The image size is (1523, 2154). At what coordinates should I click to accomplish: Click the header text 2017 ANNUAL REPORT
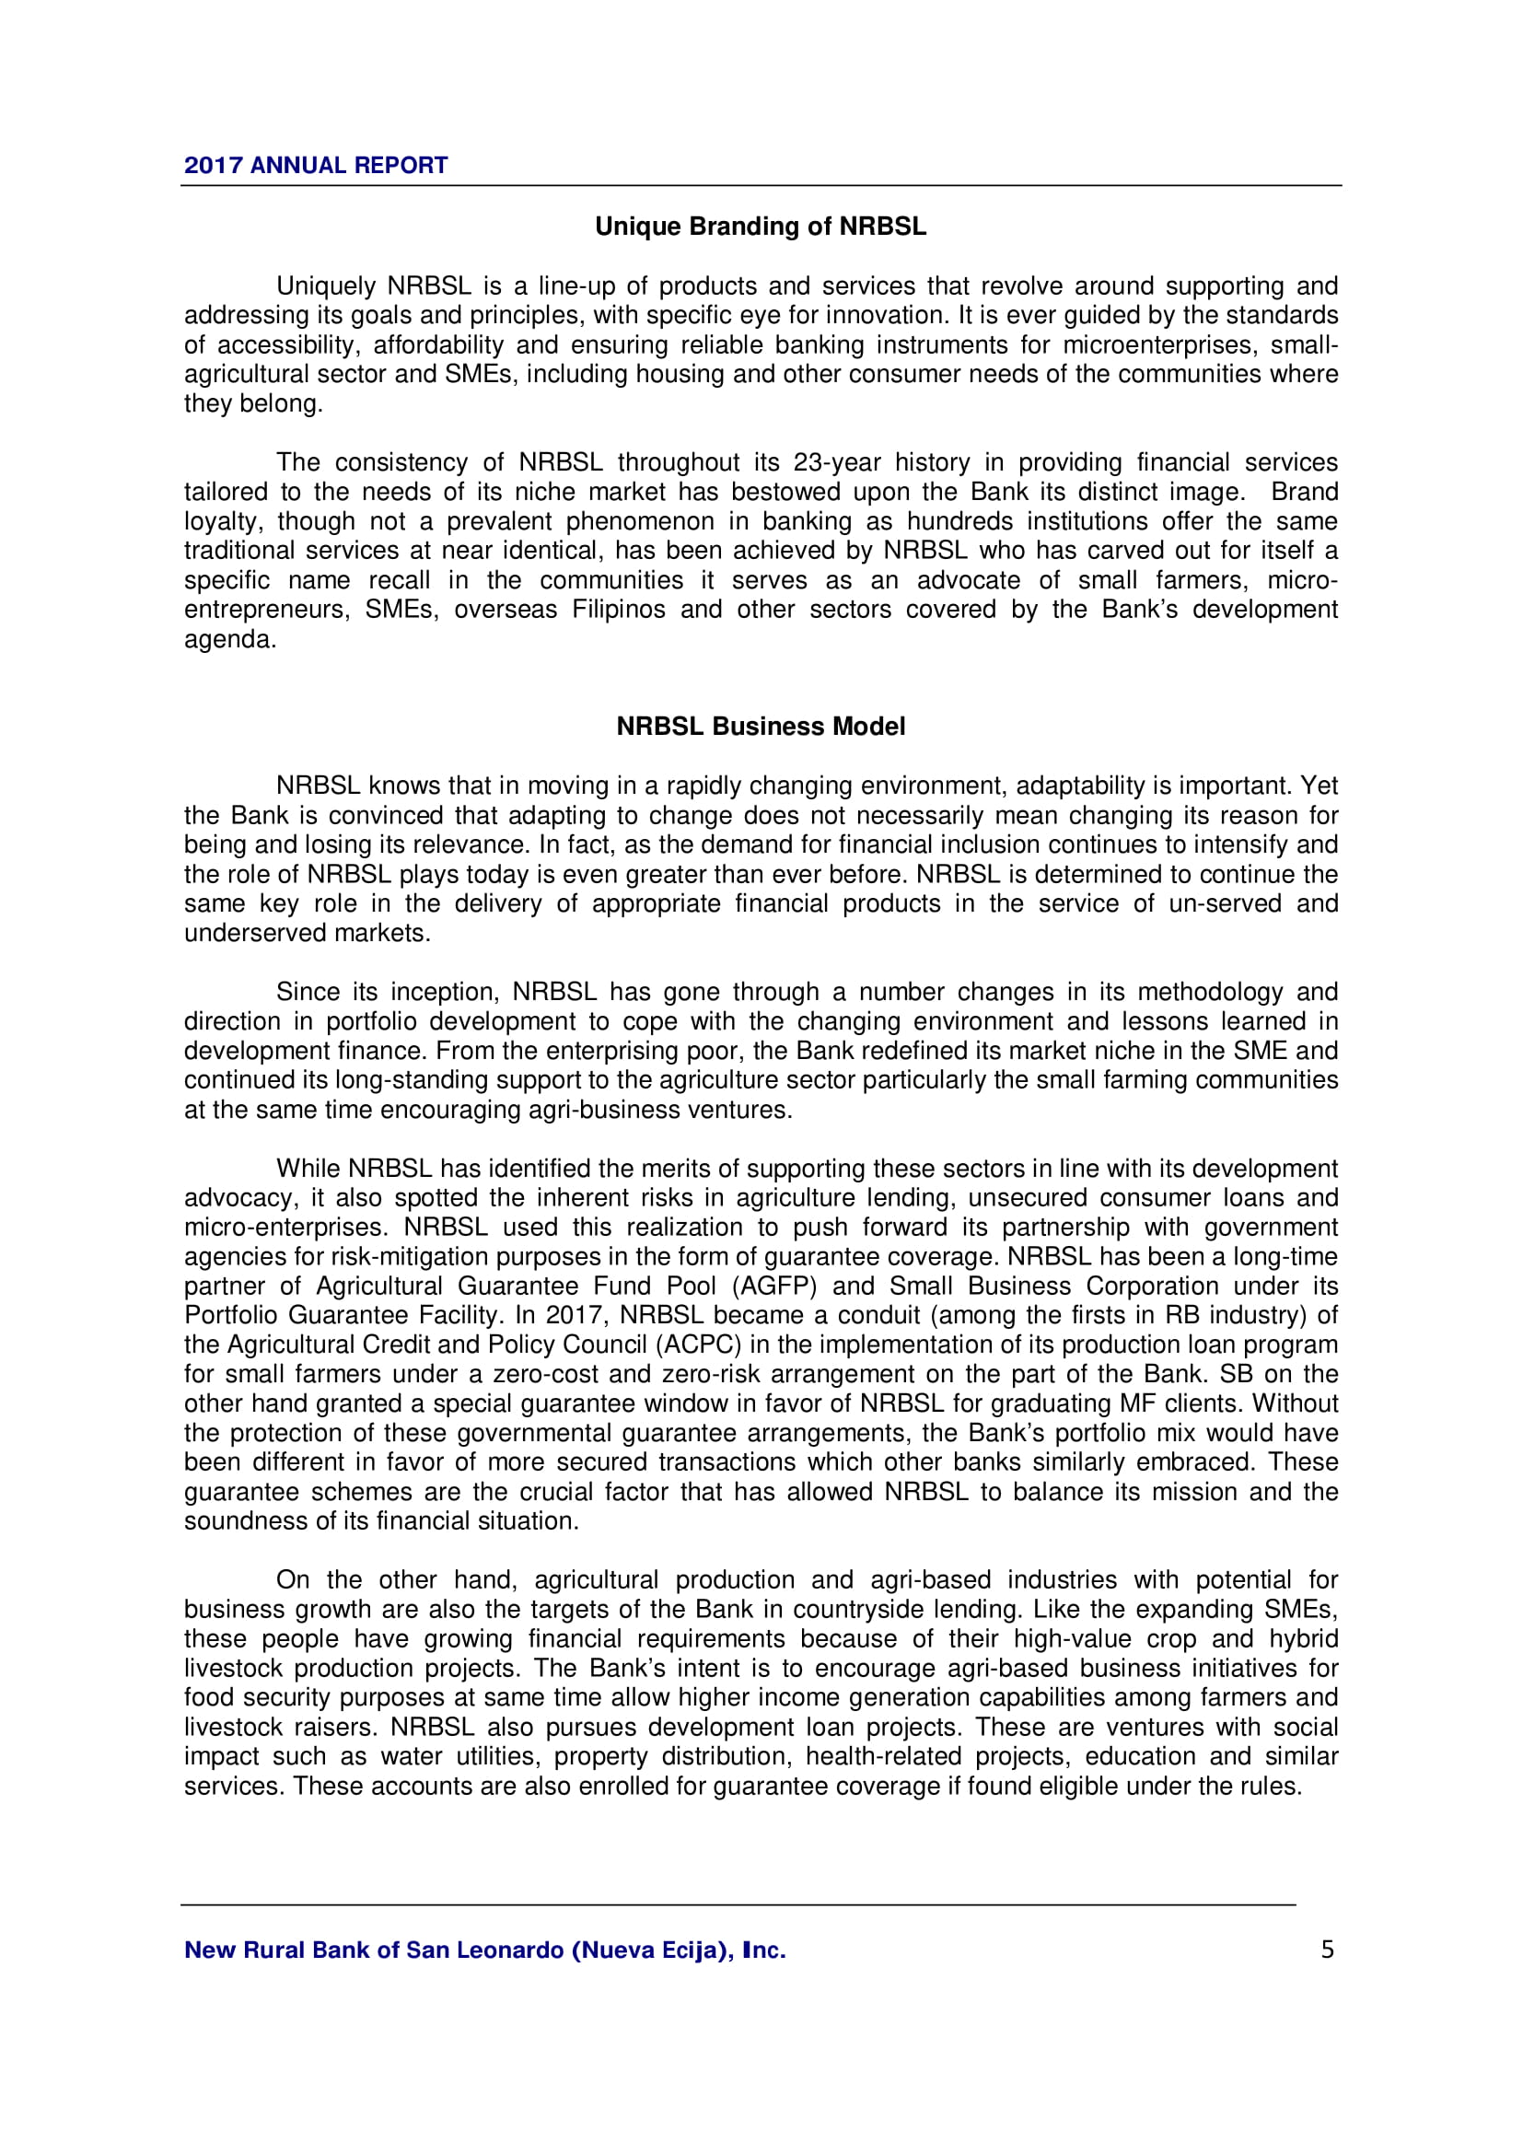coord(315,165)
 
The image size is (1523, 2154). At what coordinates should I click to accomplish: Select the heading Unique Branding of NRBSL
coord(761,227)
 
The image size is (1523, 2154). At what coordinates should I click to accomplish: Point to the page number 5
coord(1326,1950)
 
